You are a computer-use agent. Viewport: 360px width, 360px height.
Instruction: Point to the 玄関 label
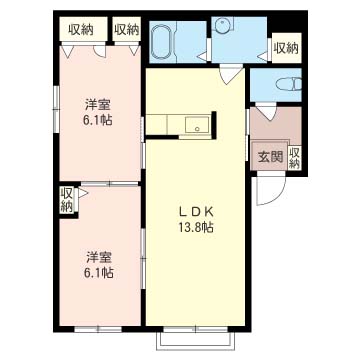pyautogui.click(x=270, y=156)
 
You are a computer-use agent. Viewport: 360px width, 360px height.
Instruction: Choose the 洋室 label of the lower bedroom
pyautogui.click(x=97, y=254)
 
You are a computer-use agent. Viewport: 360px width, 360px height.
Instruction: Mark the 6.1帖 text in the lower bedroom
pyautogui.click(x=97, y=271)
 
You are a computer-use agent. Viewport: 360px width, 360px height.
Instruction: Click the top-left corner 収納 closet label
pyautogui.click(x=81, y=29)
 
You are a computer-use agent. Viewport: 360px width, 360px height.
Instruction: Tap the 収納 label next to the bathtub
pyautogui.click(x=126, y=29)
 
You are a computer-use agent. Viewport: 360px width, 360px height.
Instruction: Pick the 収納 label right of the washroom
pyautogui.click(x=286, y=47)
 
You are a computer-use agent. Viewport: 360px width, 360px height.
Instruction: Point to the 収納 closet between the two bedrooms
pyautogui.click(x=67, y=199)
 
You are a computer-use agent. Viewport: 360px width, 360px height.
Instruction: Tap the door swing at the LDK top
pyautogui.click(x=231, y=73)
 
